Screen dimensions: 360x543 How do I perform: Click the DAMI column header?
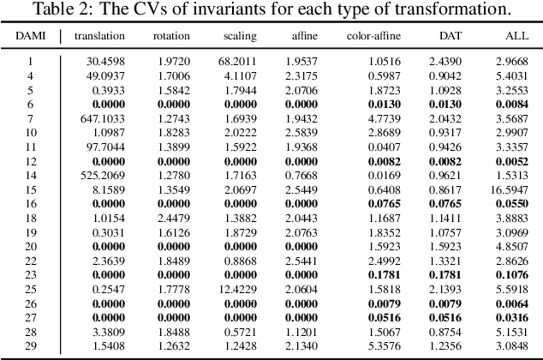click(29, 37)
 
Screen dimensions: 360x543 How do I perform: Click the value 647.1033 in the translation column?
click(104, 118)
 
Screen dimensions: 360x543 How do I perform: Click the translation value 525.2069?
click(104, 174)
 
